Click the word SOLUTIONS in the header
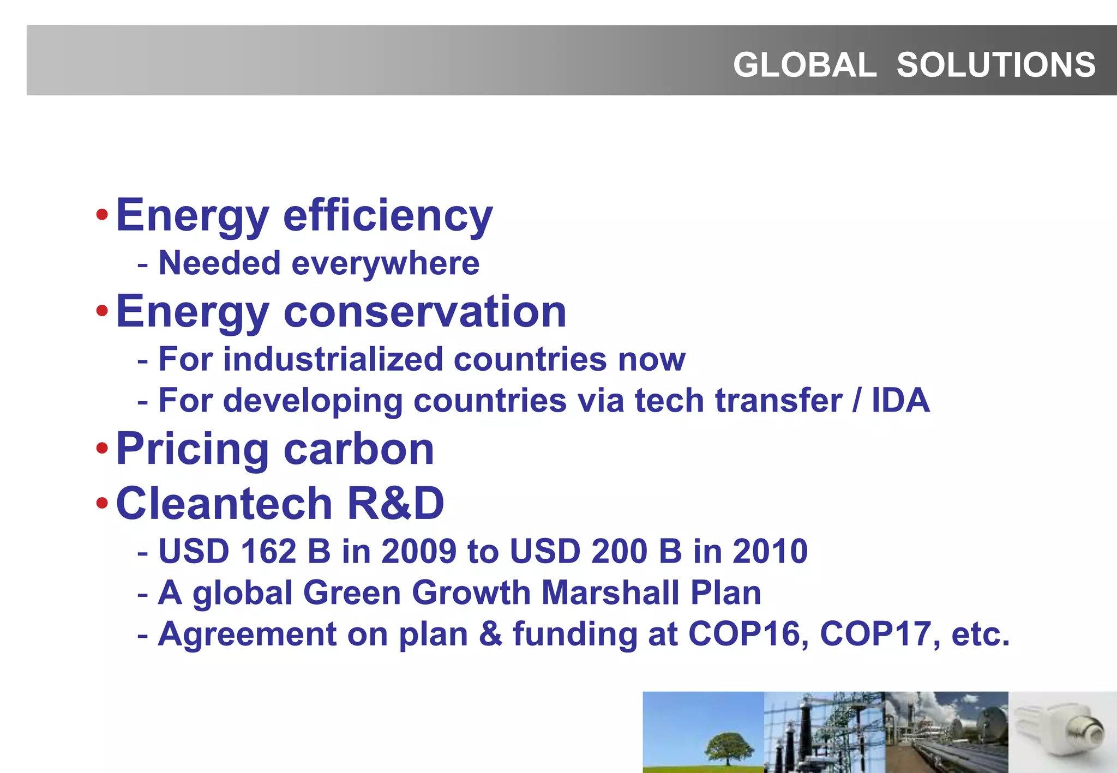996,65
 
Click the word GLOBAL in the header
804,65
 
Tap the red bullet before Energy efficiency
102,214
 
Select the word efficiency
388,215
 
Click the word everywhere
386,264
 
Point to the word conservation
425,311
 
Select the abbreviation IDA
900,400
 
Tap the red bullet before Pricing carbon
102,449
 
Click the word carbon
359,449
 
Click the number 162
268,551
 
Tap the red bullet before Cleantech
102,503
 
